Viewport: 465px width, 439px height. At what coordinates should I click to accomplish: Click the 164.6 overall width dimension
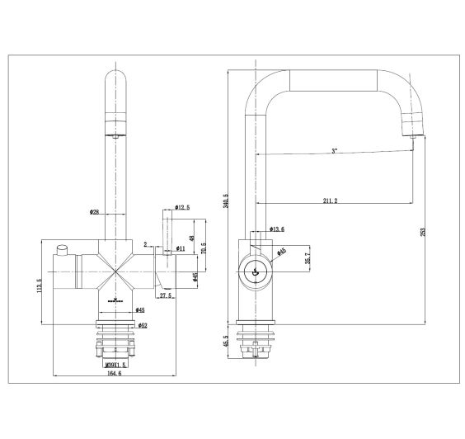pos(114,374)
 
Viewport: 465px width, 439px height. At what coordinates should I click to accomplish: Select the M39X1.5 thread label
pos(115,361)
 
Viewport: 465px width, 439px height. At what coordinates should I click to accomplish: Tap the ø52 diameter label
pos(119,325)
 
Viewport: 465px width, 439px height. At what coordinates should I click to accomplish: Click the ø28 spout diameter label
pos(95,212)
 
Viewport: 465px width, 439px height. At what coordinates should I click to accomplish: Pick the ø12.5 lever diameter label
pos(182,207)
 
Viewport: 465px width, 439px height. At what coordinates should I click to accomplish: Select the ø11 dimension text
pos(181,248)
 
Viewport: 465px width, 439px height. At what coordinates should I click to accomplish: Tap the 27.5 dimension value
pos(165,295)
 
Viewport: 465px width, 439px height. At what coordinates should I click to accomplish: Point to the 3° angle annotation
pos(333,151)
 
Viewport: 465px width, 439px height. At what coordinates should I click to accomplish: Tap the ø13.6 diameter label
pos(278,229)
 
